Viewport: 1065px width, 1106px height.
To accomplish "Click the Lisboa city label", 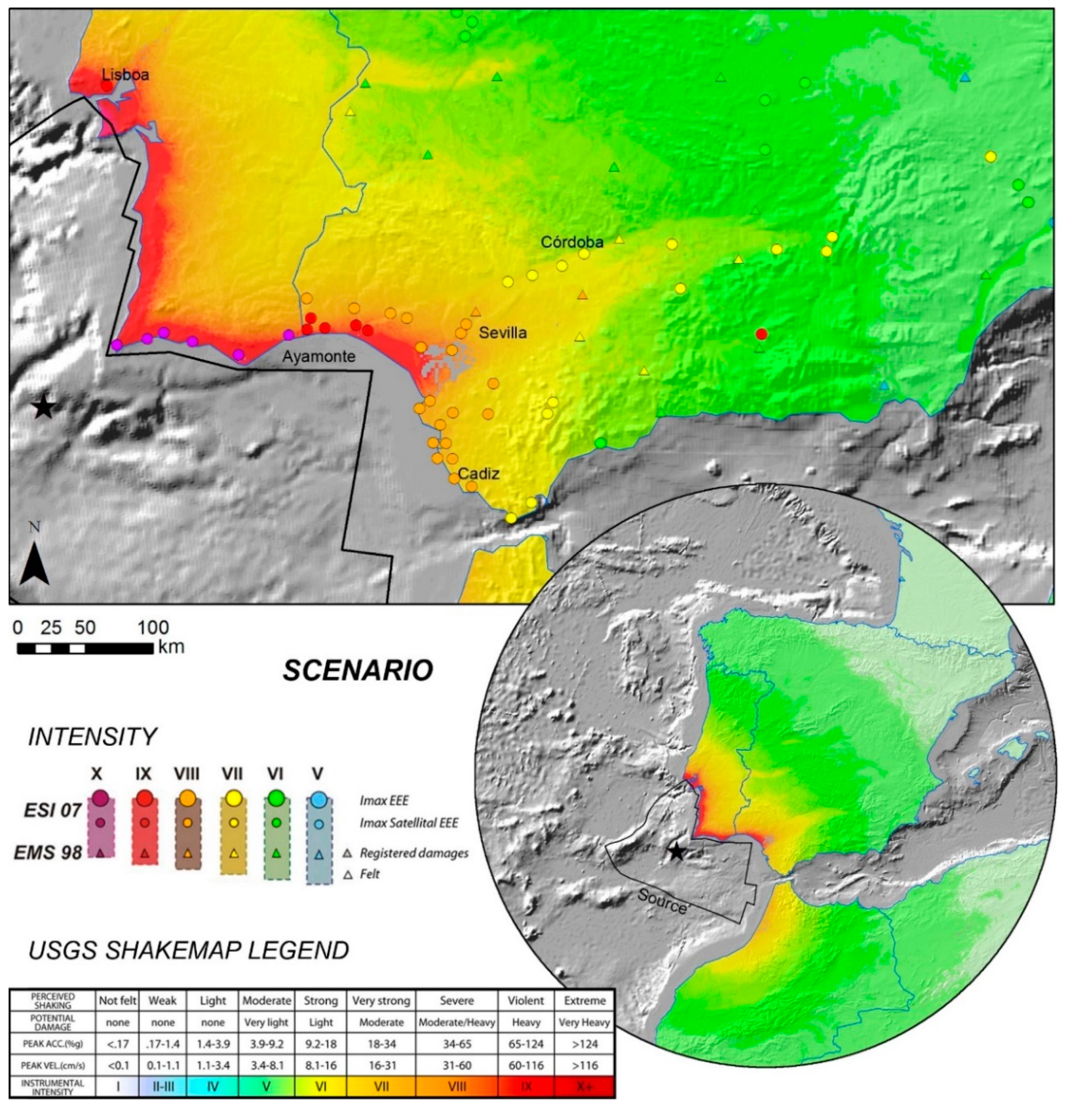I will pos(125,75).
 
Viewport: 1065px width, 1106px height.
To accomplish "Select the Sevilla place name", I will pos(503,333).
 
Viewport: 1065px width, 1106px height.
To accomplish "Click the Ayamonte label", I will pos(319,356).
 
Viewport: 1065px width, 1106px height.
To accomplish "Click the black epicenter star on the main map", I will pos(43,407).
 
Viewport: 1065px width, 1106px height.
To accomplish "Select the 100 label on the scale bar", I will pos(153,628).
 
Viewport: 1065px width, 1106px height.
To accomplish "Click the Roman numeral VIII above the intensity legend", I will pos(187,773).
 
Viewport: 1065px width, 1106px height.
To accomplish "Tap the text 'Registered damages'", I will pos(414,853).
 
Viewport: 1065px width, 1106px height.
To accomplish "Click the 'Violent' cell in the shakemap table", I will pos(526,1000).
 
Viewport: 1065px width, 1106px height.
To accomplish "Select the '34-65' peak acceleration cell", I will pos(456,1043).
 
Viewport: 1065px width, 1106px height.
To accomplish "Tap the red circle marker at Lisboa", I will pos(106,86).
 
